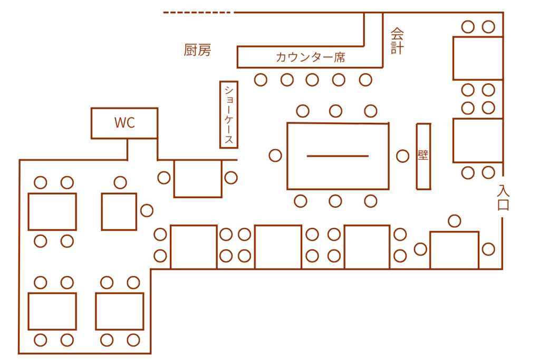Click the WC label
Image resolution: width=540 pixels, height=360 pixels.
pos(124,123)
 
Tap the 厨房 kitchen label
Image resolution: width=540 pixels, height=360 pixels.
pos(197,50)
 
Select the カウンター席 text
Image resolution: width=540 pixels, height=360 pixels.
pos(310,57)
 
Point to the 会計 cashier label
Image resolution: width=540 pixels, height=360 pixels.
pos(397,41)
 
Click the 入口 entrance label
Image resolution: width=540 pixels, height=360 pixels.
pos(503,198)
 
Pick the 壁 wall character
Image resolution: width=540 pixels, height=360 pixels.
pos(423,156)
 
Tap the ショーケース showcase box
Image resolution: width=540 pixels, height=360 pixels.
pos(229,114)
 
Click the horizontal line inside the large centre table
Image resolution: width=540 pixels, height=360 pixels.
pos(337,156)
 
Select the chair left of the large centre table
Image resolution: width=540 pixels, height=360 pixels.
pos(275,155)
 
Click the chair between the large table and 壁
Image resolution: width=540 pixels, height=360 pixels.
pos(402,156)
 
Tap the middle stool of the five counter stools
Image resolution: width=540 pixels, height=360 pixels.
pos(312,80)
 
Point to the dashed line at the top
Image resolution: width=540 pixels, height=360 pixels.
pos(197,12)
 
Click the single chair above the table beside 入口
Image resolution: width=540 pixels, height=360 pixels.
pos(454,221)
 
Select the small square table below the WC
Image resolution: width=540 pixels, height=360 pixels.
pos(119,211)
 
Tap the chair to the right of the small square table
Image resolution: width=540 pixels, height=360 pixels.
pos(147,210)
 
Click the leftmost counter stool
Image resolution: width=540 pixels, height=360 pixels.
pos(261,80)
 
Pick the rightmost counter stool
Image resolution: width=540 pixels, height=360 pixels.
pos(365,80)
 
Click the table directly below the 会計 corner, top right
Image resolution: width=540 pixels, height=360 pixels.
pos(477,58)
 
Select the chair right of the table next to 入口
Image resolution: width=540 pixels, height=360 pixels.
pos(488,249)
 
